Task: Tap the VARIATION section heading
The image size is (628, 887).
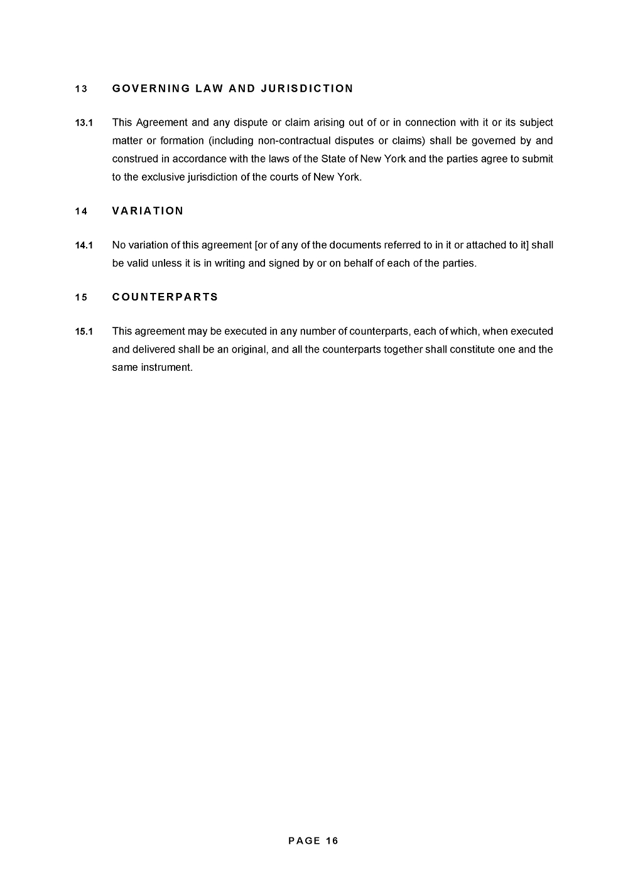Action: [x=148, y=211]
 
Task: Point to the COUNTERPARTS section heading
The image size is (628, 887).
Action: [x=165, y=297]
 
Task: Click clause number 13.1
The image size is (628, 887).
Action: [x=84, y=123]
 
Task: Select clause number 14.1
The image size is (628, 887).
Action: [x=84, y=245]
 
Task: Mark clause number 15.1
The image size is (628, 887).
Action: [x=84, y=331]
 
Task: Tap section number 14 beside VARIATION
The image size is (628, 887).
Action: [x=81, y=211]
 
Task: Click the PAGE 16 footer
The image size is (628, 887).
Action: [x=313, y=841]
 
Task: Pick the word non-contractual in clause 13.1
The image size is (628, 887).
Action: [x=295, y=141]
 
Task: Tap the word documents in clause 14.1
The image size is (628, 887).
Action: [x=354, y=245]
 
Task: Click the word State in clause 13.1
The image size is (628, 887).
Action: [x=333, y=159]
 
